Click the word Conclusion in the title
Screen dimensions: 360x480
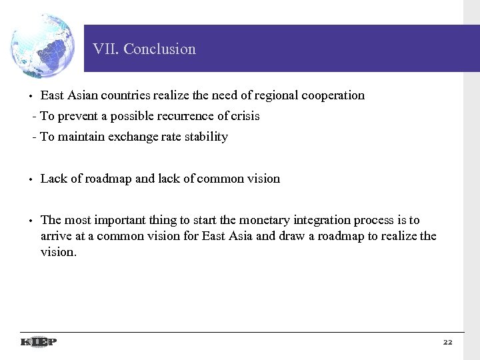pyautogui.click(x=160, y=49)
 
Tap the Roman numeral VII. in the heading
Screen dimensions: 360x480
pyautogui.click(x=106, y=49)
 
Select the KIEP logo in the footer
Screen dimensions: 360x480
pyautogui.click(x=39, y=342)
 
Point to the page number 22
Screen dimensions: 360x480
pyautogui.click(x=447, y=342)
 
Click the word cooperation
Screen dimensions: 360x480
pyautogui.click(x=333, y=95)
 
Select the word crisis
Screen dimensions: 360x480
pyautogui.click(x=245, y=116)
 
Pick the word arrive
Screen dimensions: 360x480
pyautogui.click(x=55, y=237)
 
